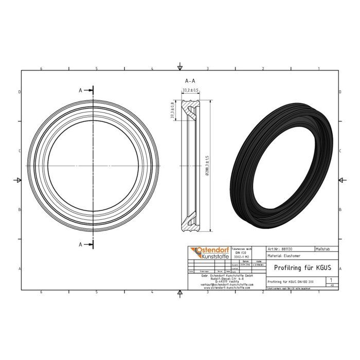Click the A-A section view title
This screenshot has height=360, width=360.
(190, 81)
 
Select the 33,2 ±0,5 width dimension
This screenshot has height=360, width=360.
(190, 91)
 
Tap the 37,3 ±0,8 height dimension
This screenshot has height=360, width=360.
(173, 111)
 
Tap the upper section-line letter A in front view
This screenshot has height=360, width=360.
(81, 90)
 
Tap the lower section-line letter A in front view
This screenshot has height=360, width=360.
(81, 244)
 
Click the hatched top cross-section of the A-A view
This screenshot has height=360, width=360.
(193, 111)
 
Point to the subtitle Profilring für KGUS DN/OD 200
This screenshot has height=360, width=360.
(291, 282)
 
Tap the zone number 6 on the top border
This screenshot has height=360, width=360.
(41, 68)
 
